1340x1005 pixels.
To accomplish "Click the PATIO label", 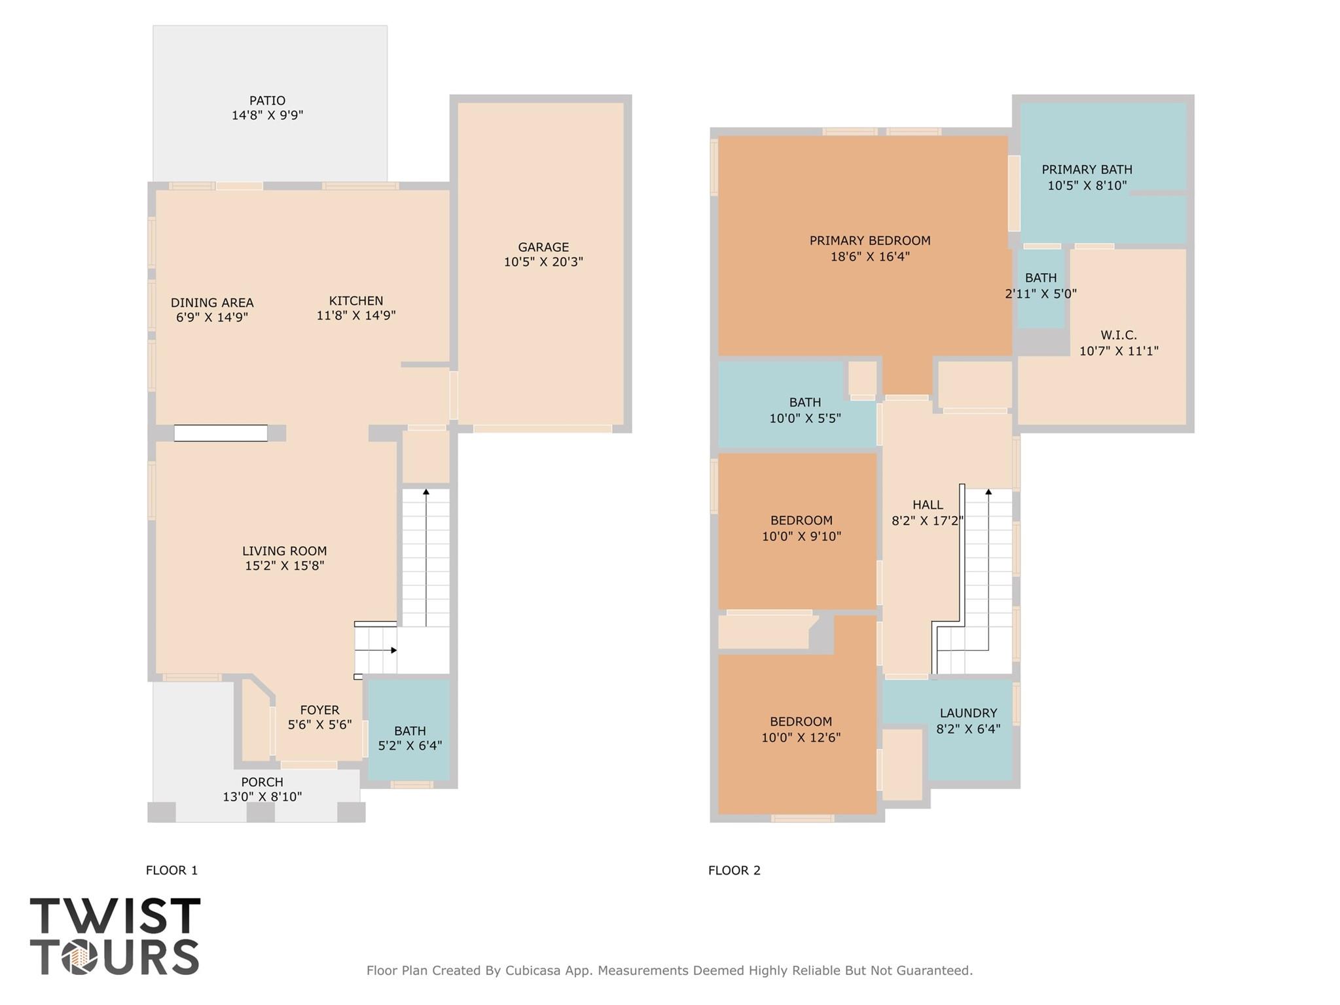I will tap(267, 101).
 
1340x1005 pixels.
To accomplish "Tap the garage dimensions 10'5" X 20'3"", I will tap(543, 262).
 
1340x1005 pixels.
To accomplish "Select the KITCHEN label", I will tap(355, 301).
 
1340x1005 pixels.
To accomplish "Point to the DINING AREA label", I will tap(211, 302).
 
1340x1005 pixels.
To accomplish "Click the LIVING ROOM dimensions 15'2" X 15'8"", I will tap(284, 566).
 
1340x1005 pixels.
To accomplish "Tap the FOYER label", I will tap(319, 710).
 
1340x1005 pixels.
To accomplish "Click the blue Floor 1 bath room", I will tap(409, 730).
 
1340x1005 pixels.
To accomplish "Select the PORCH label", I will tap(262, 782).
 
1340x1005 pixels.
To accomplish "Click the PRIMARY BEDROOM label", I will tap(869, 240).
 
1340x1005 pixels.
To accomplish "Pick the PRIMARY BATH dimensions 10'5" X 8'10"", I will tap(1087, 185).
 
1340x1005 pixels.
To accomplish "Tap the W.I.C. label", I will tap(1118, 335).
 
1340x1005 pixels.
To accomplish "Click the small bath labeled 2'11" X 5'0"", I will tap(1040, 285).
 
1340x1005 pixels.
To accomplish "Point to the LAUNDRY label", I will tap(968, 713).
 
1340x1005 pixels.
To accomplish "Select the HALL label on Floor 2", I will tap(928, 505).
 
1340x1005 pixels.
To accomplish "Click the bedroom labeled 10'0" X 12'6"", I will tap(800, 729).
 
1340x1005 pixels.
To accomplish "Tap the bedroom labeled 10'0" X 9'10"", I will tap(801, 528).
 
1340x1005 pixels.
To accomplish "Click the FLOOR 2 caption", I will tap(734, 870).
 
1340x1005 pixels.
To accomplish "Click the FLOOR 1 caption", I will tap(172, 870).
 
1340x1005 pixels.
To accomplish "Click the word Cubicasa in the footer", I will tap(532, 970).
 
